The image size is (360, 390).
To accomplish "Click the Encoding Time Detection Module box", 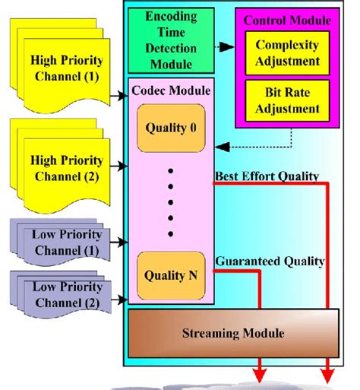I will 172,39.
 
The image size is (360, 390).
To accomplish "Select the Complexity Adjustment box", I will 290,52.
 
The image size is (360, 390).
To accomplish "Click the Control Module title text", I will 292,21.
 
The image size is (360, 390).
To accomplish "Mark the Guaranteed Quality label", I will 270,261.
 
